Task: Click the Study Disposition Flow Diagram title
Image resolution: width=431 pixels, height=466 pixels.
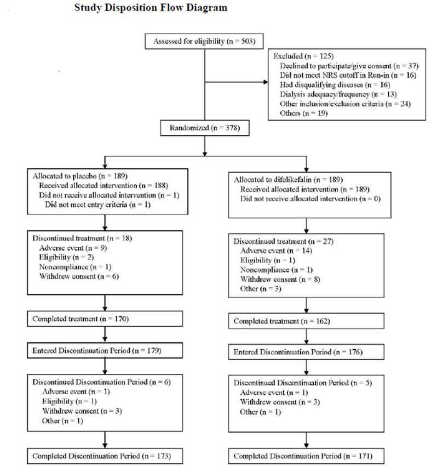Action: [151, 8]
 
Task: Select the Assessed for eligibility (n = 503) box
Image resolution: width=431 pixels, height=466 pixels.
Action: [204, 41]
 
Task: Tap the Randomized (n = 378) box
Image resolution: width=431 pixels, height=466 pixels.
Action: [205, 128]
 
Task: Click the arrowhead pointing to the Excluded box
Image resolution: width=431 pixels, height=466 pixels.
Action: [266, 82]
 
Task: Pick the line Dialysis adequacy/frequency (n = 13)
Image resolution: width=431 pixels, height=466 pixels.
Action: [338, 94]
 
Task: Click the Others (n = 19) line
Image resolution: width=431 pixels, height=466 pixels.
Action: [303, 113]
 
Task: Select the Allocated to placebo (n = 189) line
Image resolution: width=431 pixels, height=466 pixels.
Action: [80, 176]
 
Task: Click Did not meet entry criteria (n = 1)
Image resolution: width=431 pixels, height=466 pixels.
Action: [97, 204]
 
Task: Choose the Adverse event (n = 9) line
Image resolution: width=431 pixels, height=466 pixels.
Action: [73, 248]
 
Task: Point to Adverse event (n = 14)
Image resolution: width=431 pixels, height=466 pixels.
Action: [276, 251]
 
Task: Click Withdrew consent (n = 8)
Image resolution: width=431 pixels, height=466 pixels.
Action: [280, 280]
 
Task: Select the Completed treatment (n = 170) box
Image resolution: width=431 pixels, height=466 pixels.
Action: [105, 319]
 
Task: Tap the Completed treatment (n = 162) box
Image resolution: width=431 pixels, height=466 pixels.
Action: [306, 321]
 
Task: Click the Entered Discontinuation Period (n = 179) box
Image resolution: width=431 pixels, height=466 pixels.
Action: [105, 350]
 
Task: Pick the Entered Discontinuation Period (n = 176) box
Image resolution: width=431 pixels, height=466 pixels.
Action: [306, 352]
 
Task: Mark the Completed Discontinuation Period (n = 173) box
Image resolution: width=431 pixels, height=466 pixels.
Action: [105, 456]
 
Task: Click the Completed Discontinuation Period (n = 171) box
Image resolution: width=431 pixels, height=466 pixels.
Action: [306, 456]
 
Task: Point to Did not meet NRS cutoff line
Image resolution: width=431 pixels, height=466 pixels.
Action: [348, 75]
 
